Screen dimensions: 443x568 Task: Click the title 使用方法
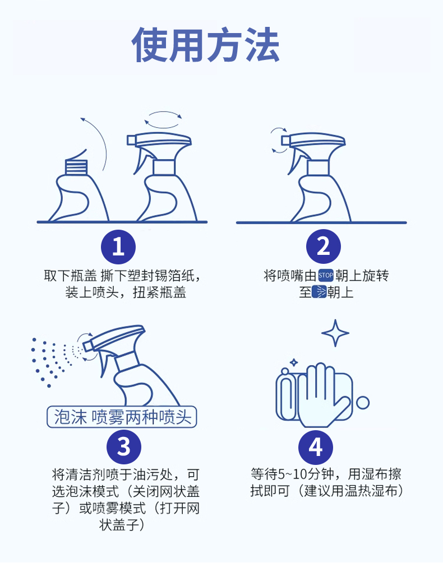point(206,45)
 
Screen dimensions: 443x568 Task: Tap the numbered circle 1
point(118,246)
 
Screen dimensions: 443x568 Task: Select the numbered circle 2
point(324,246)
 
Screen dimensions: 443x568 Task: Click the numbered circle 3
point(123,446)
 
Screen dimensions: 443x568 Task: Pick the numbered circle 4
point(315,446)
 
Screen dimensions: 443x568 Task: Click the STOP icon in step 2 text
point(326,276)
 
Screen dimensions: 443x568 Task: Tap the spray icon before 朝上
point(320,292)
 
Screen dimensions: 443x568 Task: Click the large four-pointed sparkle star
point(335,333)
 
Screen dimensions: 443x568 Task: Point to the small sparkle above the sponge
point(294,362)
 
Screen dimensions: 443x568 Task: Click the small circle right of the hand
point(362,402)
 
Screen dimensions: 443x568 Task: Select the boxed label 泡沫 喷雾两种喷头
point(122,417)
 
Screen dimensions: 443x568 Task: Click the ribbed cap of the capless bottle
point(76,167)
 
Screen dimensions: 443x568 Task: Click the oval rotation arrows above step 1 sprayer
point(163,119)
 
